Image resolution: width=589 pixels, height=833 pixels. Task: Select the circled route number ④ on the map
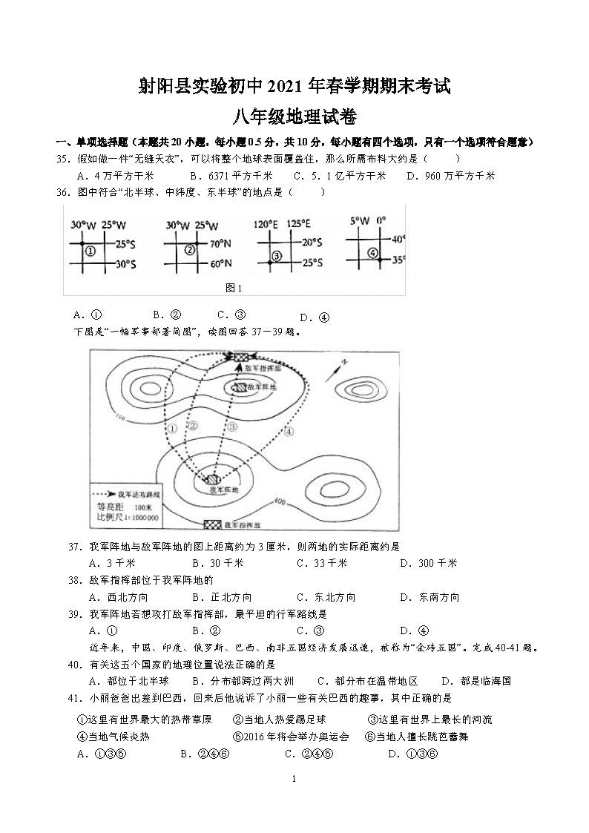pos(289,432)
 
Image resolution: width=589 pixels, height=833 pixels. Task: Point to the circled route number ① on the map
pos(171,428)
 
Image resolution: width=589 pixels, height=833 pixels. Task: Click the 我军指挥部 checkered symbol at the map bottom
pos(214,524)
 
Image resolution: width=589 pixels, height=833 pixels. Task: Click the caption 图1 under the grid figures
pos(234,288)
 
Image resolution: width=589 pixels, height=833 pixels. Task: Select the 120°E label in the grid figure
pos(265,223)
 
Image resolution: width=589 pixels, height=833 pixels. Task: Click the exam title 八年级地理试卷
pos(294,117)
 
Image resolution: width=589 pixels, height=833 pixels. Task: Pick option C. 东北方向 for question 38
pos(326,597)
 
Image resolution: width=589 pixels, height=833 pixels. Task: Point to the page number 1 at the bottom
pos(294,778)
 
